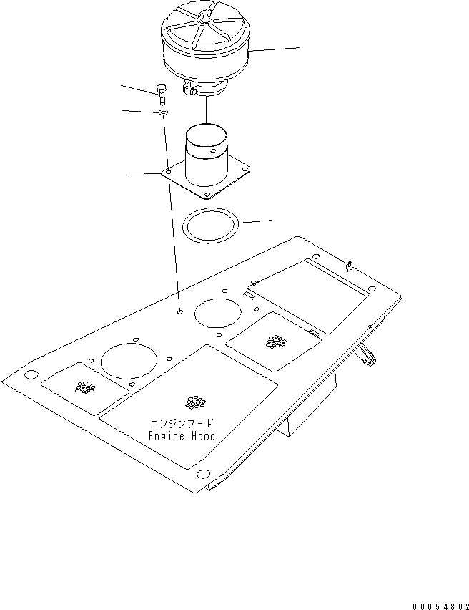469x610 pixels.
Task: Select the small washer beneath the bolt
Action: pyautogui.click(x=163, y=112)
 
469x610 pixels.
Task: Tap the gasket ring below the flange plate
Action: pyautogui.click(x=212, y=225)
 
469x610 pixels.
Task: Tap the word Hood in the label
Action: pyautogui.click(x=199, y=435)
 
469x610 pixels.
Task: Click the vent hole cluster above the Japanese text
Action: pyautogui.click(x=192, y=402)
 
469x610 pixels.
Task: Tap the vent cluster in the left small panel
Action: pyautogui.click(x=85, y=387)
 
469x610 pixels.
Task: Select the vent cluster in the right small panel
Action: pyautogui.click(x=274, y=342)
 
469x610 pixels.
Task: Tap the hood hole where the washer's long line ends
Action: pyautogui.click(x=179, y=311)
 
